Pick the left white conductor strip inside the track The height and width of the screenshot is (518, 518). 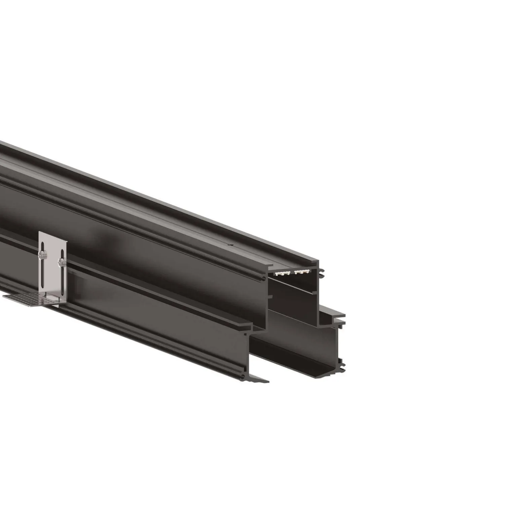pos(282,273)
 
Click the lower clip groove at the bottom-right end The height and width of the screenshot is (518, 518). pos(342,362)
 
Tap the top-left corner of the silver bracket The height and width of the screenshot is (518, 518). pos(40,232)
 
